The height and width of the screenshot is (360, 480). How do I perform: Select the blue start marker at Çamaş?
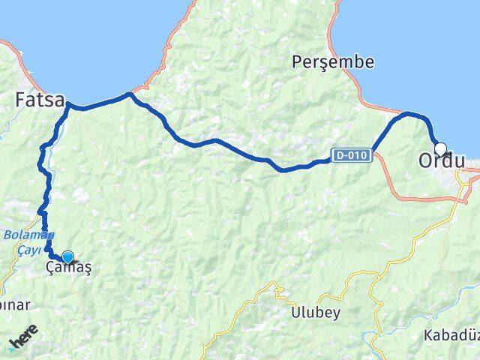(67, 257)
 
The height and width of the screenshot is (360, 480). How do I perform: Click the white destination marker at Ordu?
(440, 148)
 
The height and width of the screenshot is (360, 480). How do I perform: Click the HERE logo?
(23, 341)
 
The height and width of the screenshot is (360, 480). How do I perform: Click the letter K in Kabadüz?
(427, 334)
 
